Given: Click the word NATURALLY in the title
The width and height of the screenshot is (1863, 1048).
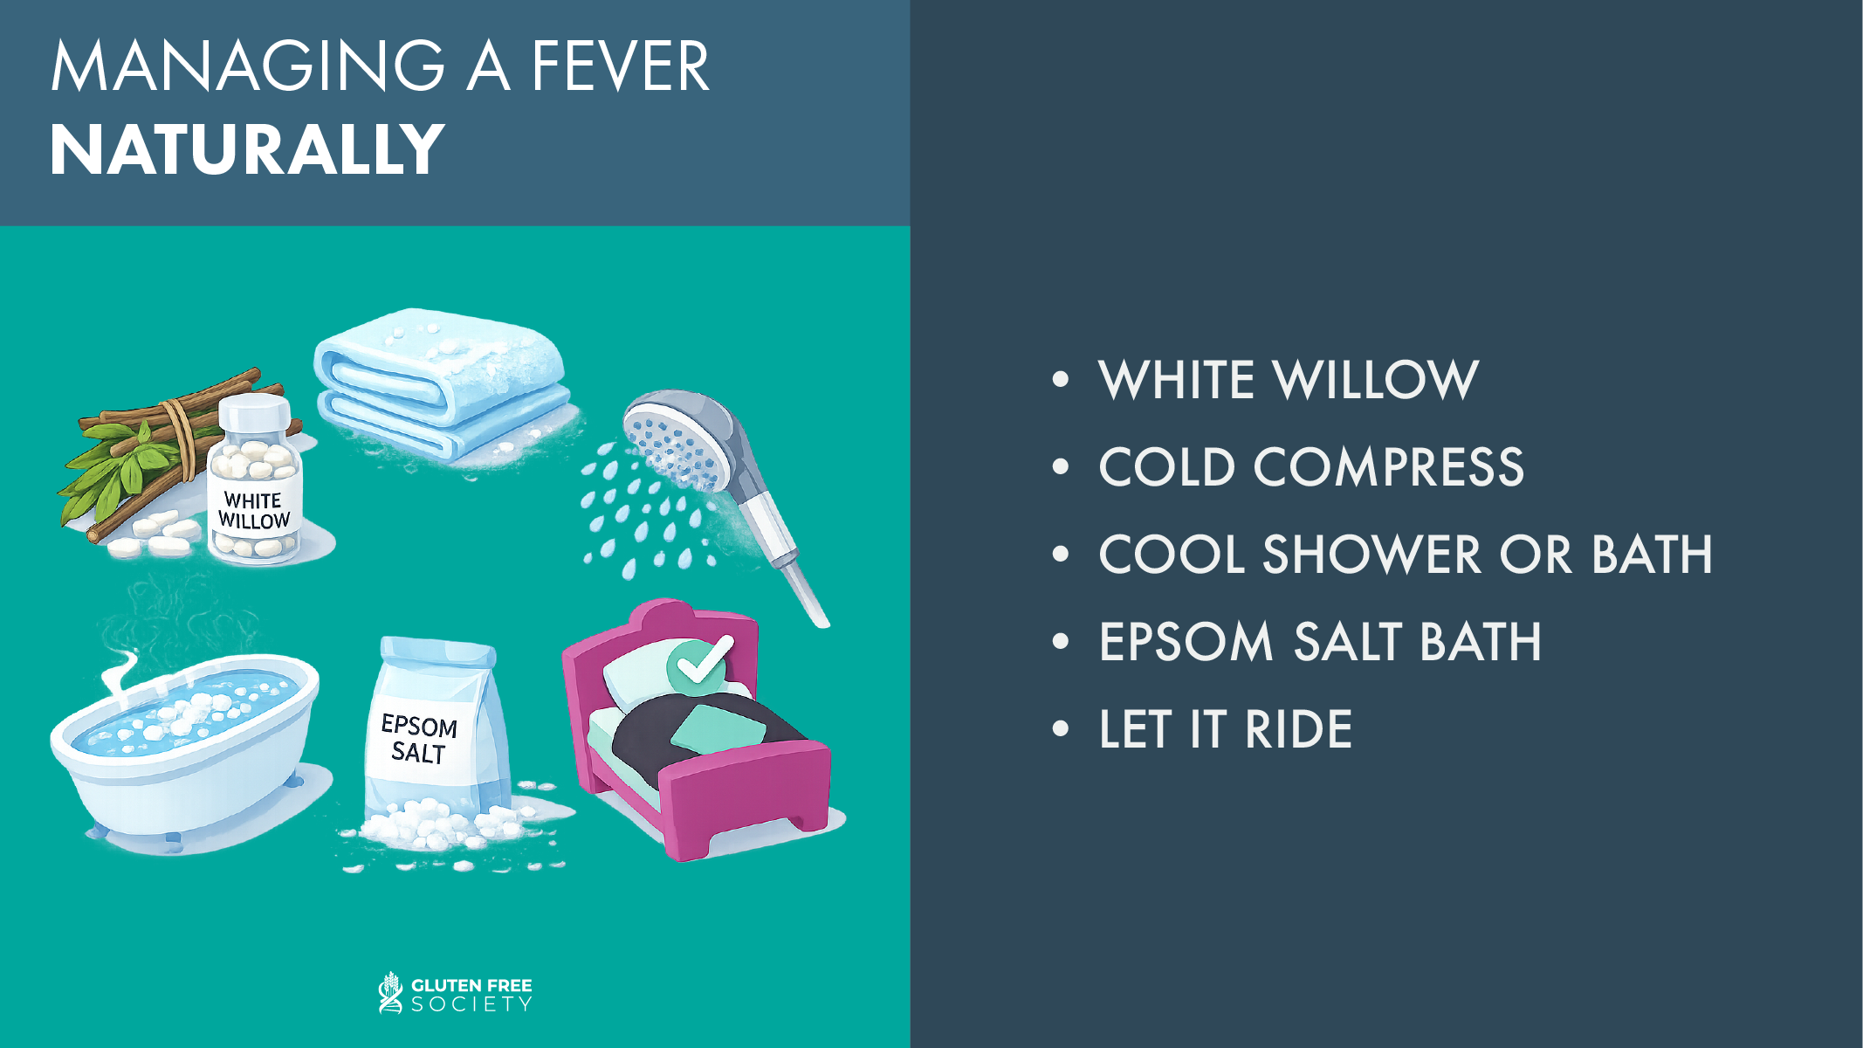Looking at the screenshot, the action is point(247,150).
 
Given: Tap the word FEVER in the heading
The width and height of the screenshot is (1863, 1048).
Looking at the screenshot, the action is point(620,66).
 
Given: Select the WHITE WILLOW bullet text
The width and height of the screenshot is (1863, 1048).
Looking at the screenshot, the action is point(1289,380).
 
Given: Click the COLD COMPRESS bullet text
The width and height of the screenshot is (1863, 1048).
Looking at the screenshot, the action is point(1311,467).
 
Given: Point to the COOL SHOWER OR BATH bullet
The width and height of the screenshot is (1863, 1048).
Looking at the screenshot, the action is point(1406,555).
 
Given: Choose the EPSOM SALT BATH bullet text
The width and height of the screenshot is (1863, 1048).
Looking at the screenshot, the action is point(1320,642).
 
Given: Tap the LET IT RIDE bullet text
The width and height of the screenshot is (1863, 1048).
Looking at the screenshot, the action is point(1226,729).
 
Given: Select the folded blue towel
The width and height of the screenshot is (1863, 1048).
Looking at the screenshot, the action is point(443,384).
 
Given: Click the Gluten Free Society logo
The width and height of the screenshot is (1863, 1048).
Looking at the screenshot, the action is point(455,994).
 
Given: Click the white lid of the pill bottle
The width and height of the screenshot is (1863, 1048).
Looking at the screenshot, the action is point(254,411).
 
